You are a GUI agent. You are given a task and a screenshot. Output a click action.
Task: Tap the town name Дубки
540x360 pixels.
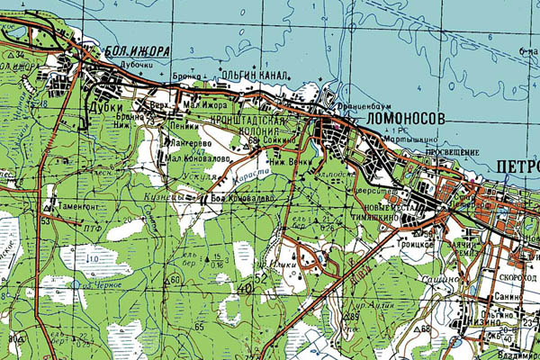104,106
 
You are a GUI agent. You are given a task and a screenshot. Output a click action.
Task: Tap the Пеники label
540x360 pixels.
183,129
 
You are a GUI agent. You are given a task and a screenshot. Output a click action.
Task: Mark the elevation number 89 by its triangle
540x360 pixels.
354,316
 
